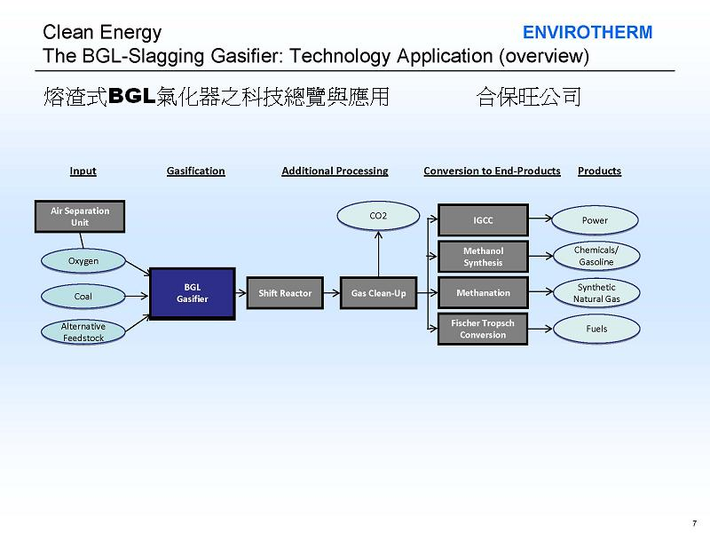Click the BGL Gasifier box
coord(192,293)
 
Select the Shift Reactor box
coord(285,293)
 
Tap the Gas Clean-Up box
coord(378,293)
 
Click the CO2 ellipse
coord(378,215)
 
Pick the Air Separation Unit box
coord(80,216)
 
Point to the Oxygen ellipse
coord(83,261)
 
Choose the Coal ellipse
coord(83,296)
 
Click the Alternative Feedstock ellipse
coord(83,331)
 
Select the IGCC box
coord(483,219)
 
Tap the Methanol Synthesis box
coord(483,257)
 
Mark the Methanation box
coord(483,292)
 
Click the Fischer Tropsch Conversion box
coord(483,329)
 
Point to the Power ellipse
coord(596,219)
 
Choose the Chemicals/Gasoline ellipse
coord(596,256)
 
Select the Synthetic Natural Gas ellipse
coord(596,293)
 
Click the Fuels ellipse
coord(596,330)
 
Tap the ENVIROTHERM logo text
coord(587,33)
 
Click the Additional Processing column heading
coord(335,171)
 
